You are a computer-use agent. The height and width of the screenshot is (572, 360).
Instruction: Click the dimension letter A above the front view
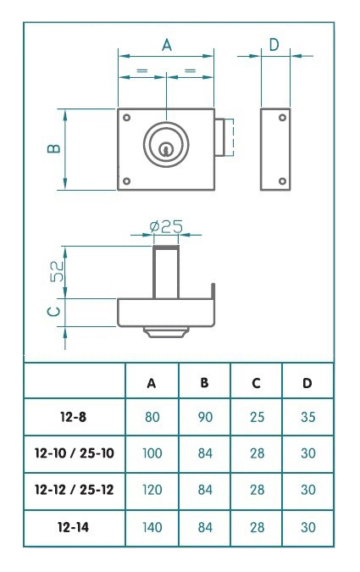tap(167, 46)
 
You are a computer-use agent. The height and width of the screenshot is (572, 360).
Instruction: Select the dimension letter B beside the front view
tap(53, 149)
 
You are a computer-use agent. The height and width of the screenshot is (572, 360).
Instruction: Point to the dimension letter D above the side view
tap(273, 45)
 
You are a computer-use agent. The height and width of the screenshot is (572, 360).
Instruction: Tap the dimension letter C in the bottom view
tap(53, 312)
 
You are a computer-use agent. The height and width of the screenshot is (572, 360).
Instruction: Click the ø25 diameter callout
tap(166, 226)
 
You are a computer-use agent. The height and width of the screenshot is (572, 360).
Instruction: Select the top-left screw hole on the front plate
tap(126, 117)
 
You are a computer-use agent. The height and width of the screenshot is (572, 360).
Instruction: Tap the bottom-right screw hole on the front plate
tap(208, 180)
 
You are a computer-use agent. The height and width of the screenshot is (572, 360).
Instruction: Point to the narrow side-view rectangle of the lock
tap(274, 149)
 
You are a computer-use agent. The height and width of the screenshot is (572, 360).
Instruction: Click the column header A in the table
tap(152, 383)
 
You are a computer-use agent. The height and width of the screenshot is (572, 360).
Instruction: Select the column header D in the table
tap(307, 383)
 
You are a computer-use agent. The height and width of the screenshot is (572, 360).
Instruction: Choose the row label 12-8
tap(75, 418)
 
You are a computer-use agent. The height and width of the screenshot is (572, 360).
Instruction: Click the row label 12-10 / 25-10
tap(75, 454)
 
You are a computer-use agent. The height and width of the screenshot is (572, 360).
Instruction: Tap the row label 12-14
tap(75, 526)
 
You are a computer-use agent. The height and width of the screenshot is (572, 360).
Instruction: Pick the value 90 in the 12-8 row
tap(204, 418)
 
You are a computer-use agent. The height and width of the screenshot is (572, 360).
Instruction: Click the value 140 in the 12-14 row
tap(152, 526)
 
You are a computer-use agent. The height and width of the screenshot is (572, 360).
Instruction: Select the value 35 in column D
tap(307, 418)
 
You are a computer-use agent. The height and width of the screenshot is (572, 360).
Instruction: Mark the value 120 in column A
tap(152, 490)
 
